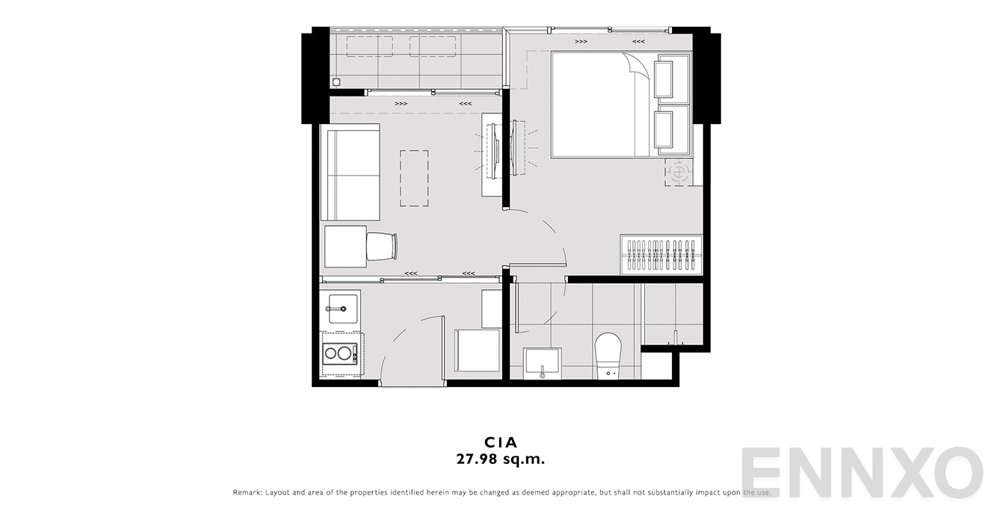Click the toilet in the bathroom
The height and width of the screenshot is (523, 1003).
[608, 356]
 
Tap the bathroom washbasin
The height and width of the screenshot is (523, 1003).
[543, 362]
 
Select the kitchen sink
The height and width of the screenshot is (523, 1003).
[344, 309]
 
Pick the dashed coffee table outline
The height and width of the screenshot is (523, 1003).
[414, 179]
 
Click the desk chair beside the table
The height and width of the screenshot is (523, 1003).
[382, 247]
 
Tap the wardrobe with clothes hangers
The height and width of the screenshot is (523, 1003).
[661, 255]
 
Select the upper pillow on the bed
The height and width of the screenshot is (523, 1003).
[664, 79]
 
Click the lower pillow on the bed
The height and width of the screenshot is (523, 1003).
[664, 129]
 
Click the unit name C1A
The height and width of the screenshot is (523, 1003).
[501, 442]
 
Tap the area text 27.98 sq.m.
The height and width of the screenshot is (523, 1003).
[501, 459]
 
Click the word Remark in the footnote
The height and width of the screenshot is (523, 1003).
[247, 492]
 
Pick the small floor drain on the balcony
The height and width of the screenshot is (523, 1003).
[336, 82]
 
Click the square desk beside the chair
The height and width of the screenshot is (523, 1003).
[346, 247]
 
